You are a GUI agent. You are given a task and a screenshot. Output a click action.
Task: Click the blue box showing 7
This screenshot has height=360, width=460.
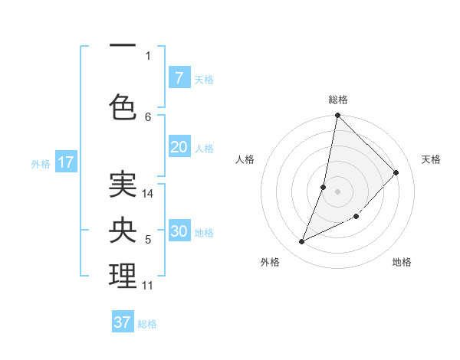[x=179, y=78]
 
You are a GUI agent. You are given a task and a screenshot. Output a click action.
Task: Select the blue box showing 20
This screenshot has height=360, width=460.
[x=179, y=148]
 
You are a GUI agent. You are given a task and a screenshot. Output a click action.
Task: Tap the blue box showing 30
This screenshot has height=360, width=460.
[x=179, y=231]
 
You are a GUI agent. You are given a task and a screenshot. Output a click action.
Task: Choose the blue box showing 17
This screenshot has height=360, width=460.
[x=65, y=162]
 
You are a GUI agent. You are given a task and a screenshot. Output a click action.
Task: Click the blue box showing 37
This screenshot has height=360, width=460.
[x=123, y=322]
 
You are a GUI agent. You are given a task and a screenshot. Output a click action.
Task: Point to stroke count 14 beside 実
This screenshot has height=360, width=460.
[x=149, y=194]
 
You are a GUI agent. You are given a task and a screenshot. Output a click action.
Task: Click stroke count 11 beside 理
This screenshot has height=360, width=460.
[x=147, y=286]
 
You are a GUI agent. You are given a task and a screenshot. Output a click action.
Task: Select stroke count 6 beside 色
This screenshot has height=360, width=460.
[x=148, y=116]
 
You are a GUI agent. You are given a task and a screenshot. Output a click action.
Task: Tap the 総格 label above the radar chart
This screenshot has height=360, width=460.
[x=338, y=100]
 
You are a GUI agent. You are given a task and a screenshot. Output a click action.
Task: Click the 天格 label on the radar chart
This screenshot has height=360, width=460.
[x=431, y=159]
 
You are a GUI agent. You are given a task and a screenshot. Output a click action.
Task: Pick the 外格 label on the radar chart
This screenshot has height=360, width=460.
[x=270, y=262]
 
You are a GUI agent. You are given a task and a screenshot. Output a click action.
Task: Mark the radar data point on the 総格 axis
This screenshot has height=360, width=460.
[x=337, y=116]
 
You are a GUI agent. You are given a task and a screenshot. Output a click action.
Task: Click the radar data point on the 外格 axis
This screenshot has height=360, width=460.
[x=302, y=241]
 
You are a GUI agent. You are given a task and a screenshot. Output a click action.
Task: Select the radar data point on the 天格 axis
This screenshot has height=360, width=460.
[x=396, y=172]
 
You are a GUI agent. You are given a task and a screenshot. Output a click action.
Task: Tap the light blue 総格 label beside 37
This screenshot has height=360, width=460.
[x=147, y=324]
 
